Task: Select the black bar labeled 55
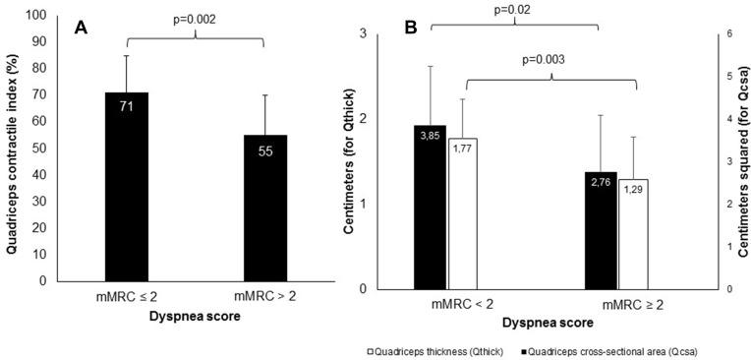pos(263,208)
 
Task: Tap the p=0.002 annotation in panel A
pos(195,20)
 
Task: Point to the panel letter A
pos(84,28)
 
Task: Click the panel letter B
pos(413,28)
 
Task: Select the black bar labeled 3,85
pos(431,208)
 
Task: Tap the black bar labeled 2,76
pos(600,231)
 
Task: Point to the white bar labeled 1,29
pos(633,235)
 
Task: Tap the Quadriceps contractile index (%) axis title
pos(13,148)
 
